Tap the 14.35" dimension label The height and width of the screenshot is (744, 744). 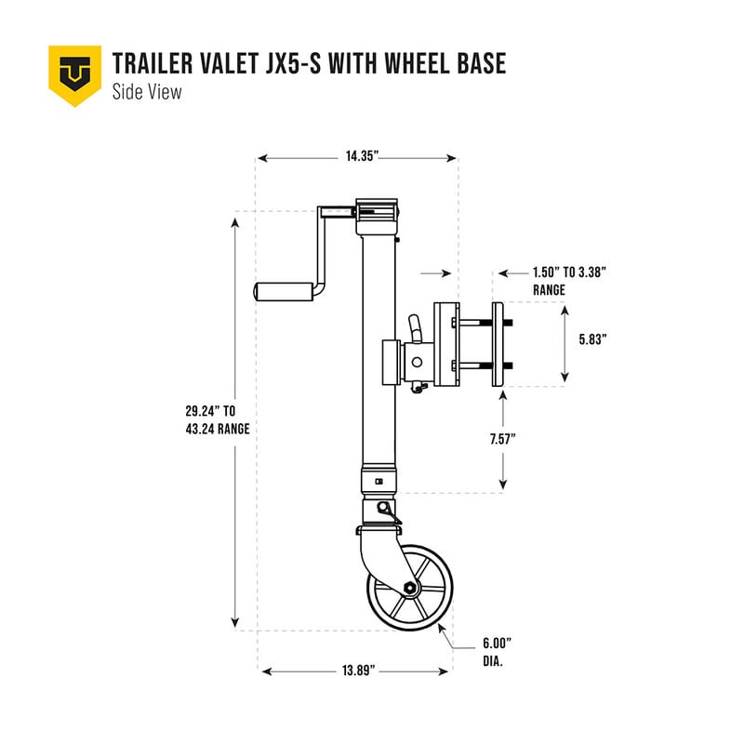coord(357,158)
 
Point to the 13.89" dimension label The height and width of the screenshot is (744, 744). coord(356,671)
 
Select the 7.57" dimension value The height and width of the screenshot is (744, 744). coord(526,438)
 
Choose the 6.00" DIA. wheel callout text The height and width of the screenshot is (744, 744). coord(497,652)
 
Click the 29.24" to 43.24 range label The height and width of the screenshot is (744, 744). coord(217,420)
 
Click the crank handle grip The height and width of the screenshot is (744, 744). coord(283,290)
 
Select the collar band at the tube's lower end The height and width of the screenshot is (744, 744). coord(377,480)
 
